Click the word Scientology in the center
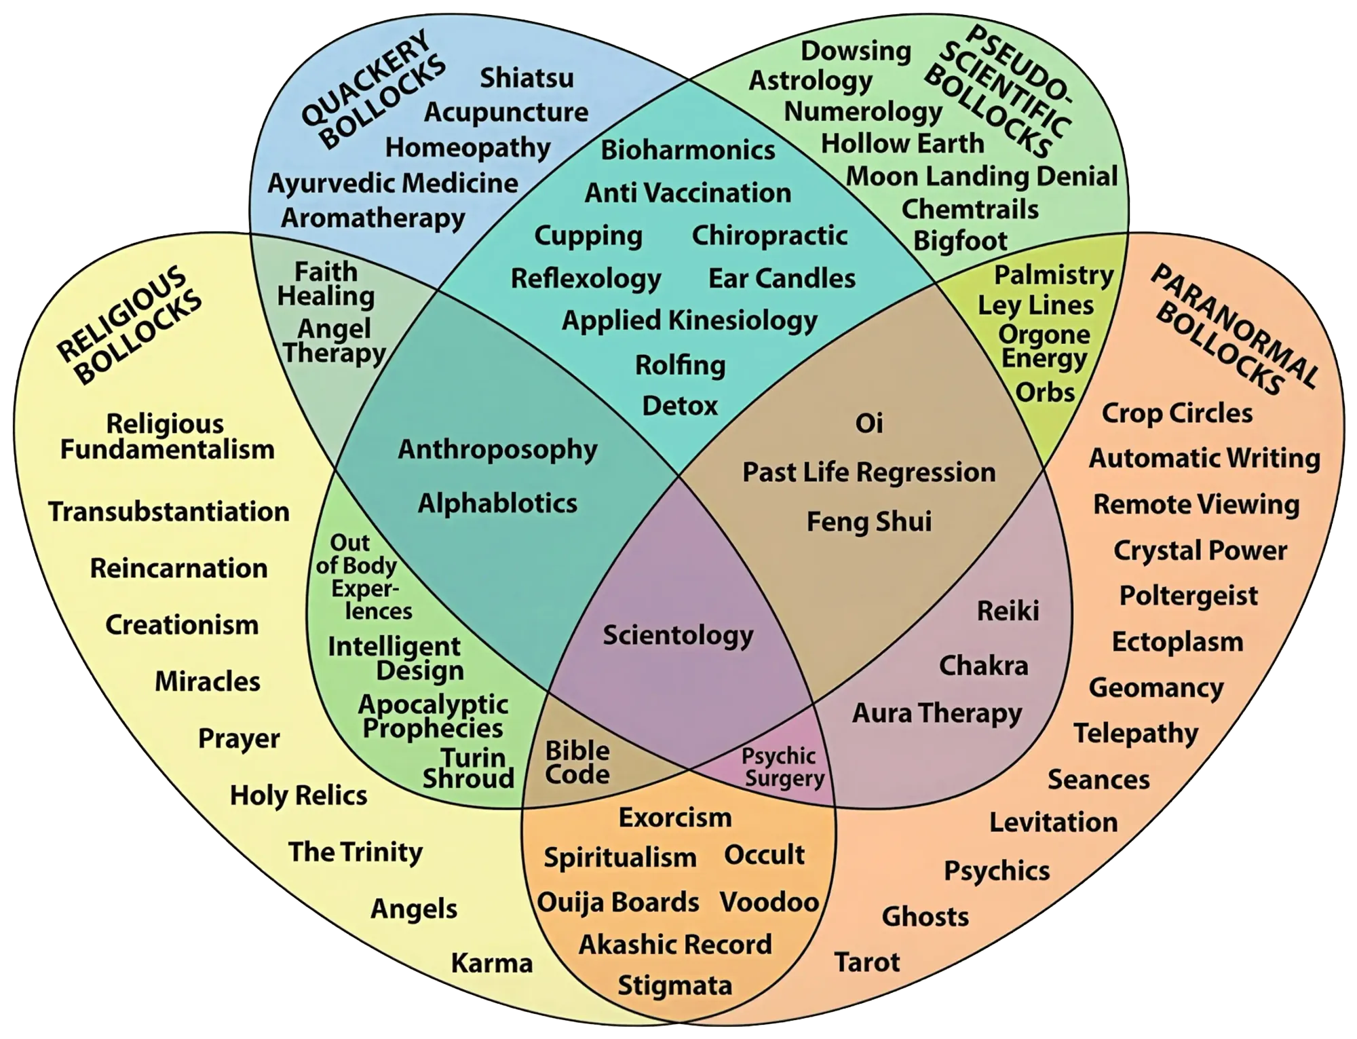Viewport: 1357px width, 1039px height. coord(678,635)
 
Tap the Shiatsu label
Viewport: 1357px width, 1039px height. coord(527,78)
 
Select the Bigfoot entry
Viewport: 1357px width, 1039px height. coord(960,240)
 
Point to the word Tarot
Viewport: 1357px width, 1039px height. coord(866,962)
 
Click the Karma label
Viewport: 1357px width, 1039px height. coord(492,963)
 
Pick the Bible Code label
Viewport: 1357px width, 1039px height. coord(577,763)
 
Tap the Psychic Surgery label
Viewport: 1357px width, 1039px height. coord(782,768)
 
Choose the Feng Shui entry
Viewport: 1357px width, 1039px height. coord(868,522)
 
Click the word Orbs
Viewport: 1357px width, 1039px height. coord(1045,392)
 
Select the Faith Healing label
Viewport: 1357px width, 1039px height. coord(326,284)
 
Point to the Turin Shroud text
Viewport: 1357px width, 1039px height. coord(468,768)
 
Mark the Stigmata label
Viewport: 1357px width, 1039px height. coord(674,985)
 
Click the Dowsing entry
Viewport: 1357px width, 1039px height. coord(856,51)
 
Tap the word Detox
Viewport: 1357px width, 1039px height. coord(679,406)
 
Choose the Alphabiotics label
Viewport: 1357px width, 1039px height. coord(497,504)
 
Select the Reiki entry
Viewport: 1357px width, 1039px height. coord(1008,611)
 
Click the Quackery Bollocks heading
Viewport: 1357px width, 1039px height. coord(373,88)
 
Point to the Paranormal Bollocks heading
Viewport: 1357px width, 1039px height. coord(1235,329)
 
